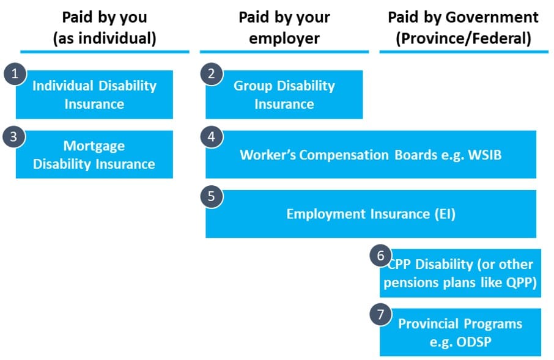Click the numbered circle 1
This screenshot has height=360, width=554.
coord(15,74)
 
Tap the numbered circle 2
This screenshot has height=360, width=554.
coord(212,74)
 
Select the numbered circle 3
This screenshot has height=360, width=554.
coord(14,137)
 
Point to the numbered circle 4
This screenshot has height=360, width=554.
coord(212,137)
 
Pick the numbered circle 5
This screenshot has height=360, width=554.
coord(212,196)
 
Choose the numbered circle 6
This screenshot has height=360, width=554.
coord(380,255)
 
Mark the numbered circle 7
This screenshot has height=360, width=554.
coord(380,314)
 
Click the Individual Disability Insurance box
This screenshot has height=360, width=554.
coord(94,94)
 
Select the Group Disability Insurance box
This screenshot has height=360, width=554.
coord(284,94)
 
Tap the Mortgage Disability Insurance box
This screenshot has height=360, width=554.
coord(94,155)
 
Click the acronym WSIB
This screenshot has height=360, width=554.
coord(485,155)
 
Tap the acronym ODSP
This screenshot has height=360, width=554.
coord(473,342)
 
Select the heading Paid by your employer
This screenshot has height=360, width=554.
coord(284,28)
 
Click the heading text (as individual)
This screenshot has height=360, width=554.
coord(105,38)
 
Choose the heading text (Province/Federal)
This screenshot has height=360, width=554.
coord(464,38)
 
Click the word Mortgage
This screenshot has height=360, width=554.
coord(94,146)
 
